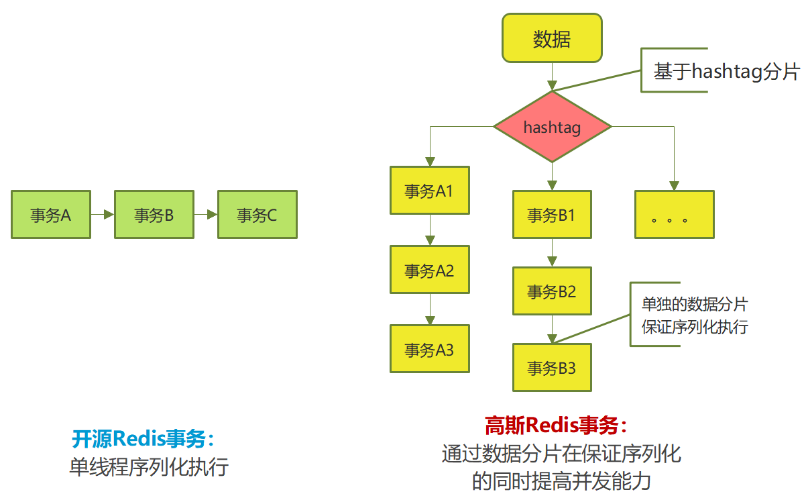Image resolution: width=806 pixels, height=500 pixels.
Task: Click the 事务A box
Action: [x=51, y=215]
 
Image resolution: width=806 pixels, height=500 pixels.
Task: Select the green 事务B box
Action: [x=154, y=215]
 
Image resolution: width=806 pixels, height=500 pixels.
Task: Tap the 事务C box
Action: [x=257, y=215]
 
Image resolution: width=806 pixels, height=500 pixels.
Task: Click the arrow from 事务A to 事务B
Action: [x=103, y=215]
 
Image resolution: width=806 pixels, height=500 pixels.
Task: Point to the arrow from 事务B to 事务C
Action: [x=206, y=215]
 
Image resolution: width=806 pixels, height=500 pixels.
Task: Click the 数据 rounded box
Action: [x=552, y=39]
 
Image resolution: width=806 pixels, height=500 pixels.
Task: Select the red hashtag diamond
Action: [x=552, y=127]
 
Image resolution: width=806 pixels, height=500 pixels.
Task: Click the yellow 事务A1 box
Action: [x=430, y=191]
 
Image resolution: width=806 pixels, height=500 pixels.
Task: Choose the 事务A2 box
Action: [x=430, y=270]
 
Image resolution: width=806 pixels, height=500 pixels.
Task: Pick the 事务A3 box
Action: [x=430, y=349]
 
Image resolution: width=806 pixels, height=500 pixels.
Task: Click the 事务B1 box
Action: [x=552, y=215]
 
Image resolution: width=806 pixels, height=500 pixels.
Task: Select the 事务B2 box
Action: [x=552, y=291]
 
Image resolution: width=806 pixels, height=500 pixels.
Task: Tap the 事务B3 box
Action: [x=552, y=368]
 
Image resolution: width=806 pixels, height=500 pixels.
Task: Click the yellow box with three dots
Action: [x=675, y=215]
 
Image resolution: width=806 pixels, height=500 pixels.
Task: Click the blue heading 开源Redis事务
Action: [x=143, y=439]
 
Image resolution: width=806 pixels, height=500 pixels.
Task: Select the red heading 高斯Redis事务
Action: [x=557, y=426]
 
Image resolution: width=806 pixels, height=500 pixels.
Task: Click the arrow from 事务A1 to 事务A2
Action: [x=430, y=230]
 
